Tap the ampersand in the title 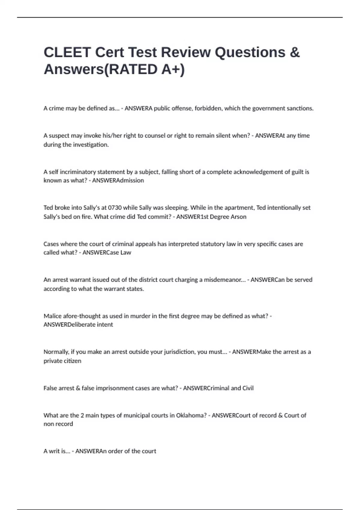pos(295,52)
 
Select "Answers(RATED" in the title pos(101,69)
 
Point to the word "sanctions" pos(300,108)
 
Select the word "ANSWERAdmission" pos(118,180)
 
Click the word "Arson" pos(238,217)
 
